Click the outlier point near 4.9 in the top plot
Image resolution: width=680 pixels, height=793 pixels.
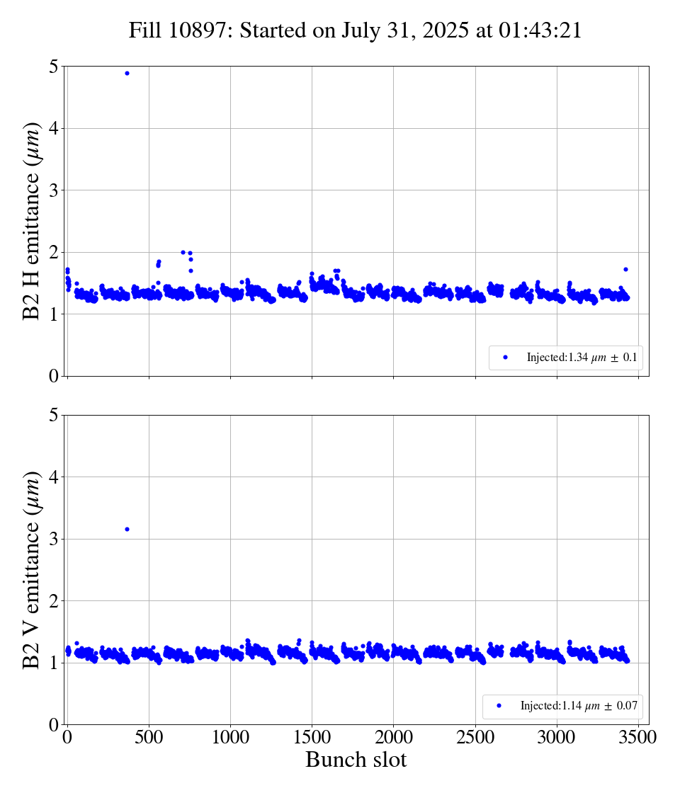pyautogui.click(x=127, y=73)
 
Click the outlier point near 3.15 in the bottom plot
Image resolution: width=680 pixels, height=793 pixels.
pyautogui.click(x=127, y=529)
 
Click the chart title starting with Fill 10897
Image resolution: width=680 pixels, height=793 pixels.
pyautogui.click(x=355, y=30)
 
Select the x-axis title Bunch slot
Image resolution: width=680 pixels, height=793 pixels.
pyautogui.click(x=356, y=760)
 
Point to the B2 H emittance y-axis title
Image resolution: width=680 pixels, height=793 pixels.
pyautogui.click(x=33, y=221)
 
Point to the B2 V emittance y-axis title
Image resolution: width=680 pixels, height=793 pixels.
pyautogui.click(x=33, y=570)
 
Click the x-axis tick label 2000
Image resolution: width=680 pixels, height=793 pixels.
pyautogui.click(x=394, y=736)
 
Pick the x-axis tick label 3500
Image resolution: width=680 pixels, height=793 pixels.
pyautogui.click(x=638, y=736)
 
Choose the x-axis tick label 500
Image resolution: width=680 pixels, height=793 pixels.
pyautogui.click(x=149, y=736)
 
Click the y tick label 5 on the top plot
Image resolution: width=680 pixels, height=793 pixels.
pyautogui.click(x=53, y=67)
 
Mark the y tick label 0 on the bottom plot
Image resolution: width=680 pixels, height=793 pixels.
pyautogui.click(x=53, y=724)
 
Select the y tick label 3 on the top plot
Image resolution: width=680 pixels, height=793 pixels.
pyautogui.click(x=53, y=190)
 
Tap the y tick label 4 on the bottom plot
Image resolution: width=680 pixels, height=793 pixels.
pyautogui.click(x=53, y=477)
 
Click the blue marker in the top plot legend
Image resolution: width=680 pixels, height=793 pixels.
pyautogui.click(x=505, y=358)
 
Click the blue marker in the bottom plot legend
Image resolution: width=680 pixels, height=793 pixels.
pyautogui.click(x=499, y=706)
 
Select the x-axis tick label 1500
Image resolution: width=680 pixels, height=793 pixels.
pyautogui.click(x=312, y=736)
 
